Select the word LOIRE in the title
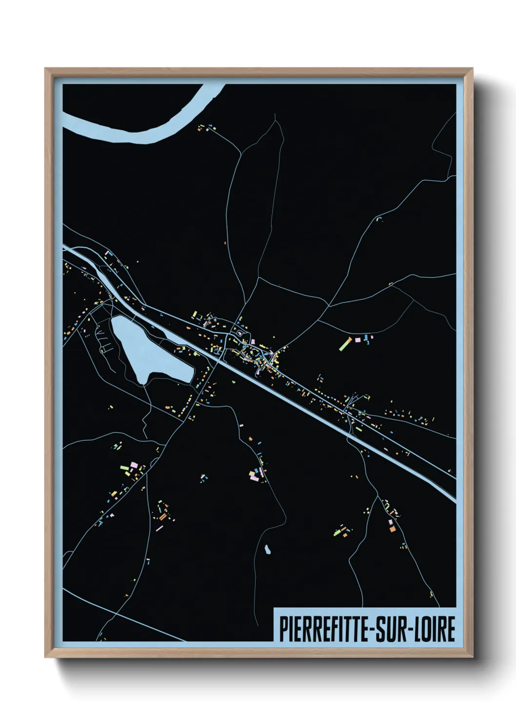point(434,629)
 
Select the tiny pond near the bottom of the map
point(267,550)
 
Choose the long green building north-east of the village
point(346,342)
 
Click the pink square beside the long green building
point(357,339)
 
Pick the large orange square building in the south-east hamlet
point(392,528)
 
